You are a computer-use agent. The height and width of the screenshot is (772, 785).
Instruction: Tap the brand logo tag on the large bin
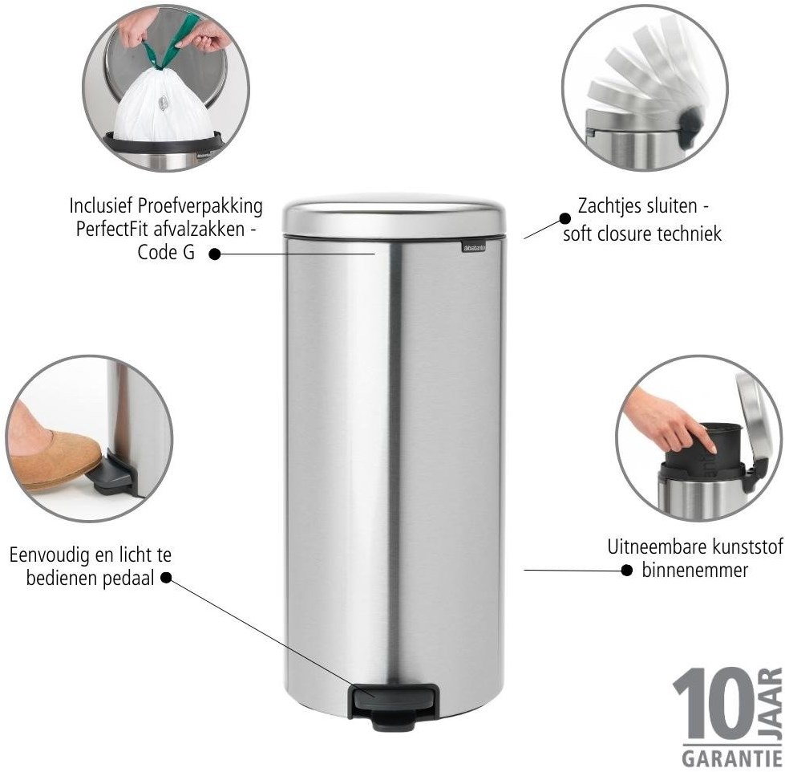coord(474,247)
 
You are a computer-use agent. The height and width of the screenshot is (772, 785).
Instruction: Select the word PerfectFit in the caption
coord(111,230)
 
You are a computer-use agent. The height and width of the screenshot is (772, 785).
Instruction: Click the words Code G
coord(166,252)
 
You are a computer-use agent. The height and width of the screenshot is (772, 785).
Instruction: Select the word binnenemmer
coord(695,570)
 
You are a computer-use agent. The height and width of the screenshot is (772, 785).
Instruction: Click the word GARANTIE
coord(731,758)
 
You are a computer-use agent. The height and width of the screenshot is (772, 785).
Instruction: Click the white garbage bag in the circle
coord(162,106)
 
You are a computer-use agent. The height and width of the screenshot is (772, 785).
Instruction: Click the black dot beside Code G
coord(215,254)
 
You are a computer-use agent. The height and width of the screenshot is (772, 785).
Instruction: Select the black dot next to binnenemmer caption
coord(627,570)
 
